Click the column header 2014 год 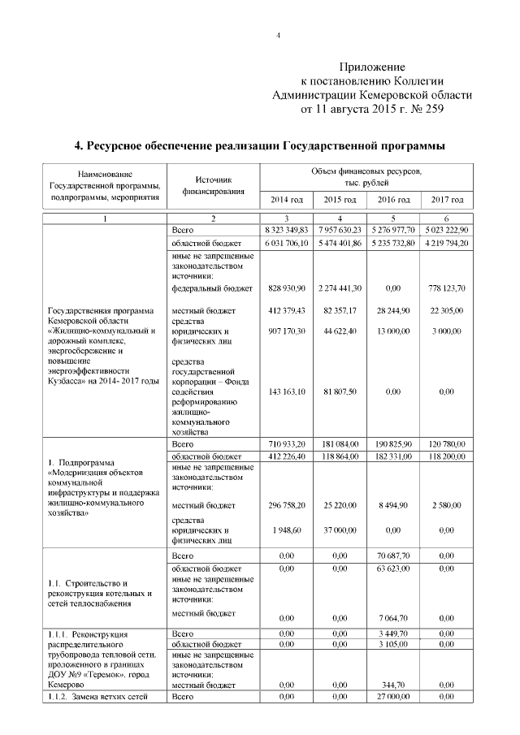[x=286, y=199]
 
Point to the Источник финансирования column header [x=212, y=186]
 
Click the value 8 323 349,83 [x=286, y=231]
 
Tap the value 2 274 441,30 [x=340, y=288]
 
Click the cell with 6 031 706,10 [x=286, y=244]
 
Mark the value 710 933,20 [x=286, y=445]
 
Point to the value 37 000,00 [x=340, y=529]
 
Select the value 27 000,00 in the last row [x=392, y=698]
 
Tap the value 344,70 [x=392, y=685]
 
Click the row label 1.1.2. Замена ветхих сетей [x=98, y=698]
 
